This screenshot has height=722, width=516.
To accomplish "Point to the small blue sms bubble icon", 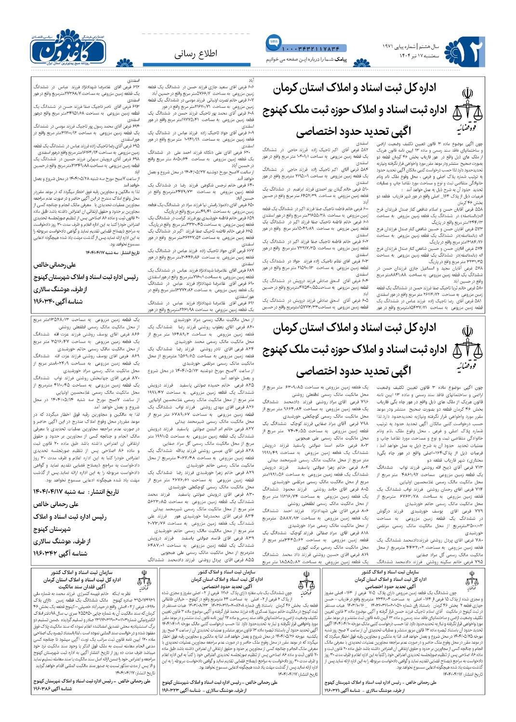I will point(273,42).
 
